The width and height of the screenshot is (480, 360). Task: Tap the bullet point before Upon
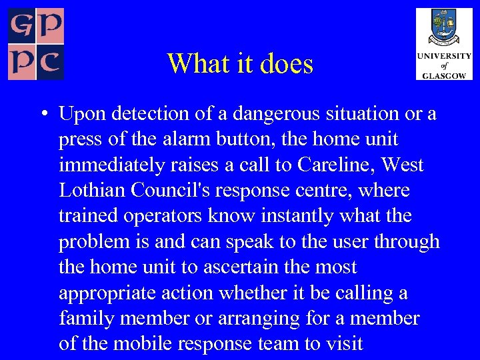42,114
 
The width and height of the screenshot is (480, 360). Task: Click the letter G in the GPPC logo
21,25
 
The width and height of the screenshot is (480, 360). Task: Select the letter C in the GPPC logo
49,64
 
